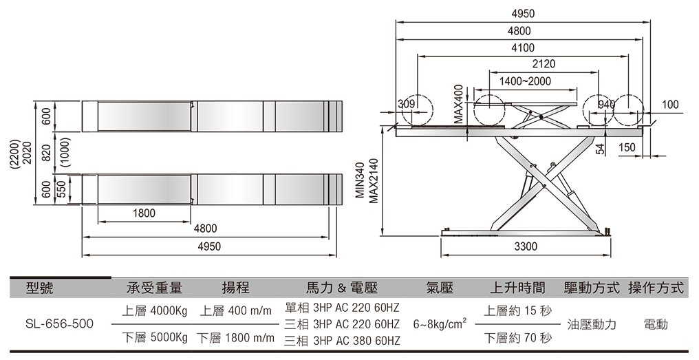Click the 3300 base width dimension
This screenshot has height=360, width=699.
pos(526,246)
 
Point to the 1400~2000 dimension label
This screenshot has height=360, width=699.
pos(525,81)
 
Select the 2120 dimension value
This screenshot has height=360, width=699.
pos(544,64)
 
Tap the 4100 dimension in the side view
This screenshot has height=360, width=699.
pos(522,47)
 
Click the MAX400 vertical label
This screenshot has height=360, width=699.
pos(459,105)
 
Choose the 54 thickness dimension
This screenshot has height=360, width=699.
pos(600,148)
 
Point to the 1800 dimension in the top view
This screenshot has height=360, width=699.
pos(144,213)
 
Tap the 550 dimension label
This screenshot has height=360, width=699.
pos(61,189)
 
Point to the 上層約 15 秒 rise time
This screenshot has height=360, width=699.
pos(517,310)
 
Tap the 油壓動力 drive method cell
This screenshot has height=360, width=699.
pos(592,324)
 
